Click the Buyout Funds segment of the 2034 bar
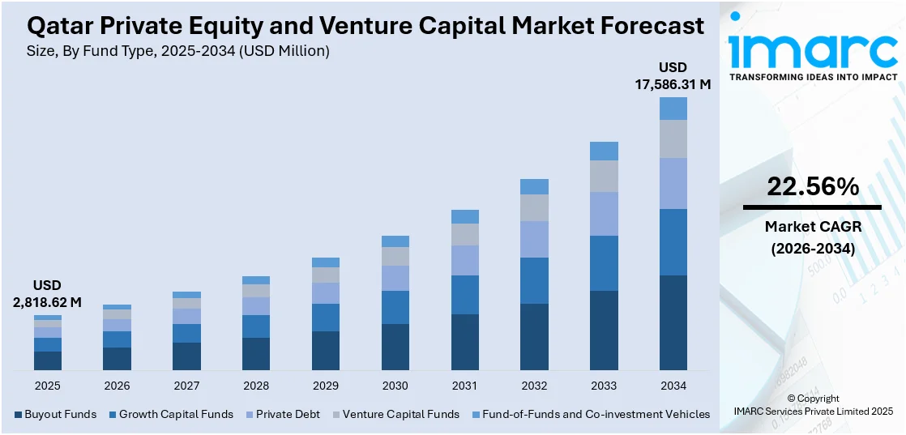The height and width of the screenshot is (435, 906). coord(673,322)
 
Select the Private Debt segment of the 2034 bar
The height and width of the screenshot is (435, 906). coord(673,183)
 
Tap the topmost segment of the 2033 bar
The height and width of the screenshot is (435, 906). coord(604,151)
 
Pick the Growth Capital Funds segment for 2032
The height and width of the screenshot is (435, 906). coord(534,280)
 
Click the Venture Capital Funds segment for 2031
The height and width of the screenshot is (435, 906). coord(464,234)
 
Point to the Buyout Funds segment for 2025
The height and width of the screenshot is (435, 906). coord(48,360)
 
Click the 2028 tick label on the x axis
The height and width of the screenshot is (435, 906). coord(256,386)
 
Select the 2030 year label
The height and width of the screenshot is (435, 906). coord(395,386)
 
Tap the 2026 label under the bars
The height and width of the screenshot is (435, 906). coord(117,386)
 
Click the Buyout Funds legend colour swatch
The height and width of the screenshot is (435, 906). coord(19,415)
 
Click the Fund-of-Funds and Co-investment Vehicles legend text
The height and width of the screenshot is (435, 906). coord(596,415)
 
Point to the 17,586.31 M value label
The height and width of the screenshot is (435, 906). coord(673,83)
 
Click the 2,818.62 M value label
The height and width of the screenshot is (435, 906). coord(47,302)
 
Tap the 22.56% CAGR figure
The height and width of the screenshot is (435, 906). coord(812,187)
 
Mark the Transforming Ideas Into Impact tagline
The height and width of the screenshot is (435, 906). coord(814,77)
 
